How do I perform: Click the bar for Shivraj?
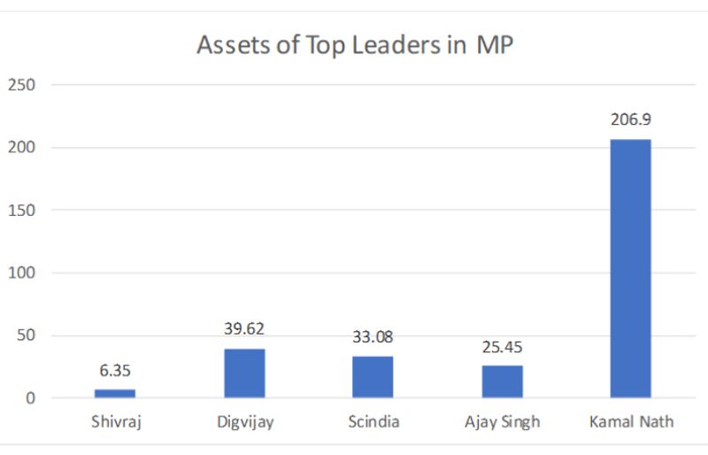115,393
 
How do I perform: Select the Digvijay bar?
244,373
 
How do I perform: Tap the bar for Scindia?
373,376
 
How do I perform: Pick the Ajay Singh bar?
502,382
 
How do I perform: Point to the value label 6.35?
115,371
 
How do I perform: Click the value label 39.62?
244,329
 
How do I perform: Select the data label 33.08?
373,337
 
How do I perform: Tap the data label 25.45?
502,346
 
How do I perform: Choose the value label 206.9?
630,120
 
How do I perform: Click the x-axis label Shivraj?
115,421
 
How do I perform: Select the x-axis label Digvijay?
244,422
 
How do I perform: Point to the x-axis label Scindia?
373,421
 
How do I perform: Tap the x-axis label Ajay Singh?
502,422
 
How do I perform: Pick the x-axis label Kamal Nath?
630,421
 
